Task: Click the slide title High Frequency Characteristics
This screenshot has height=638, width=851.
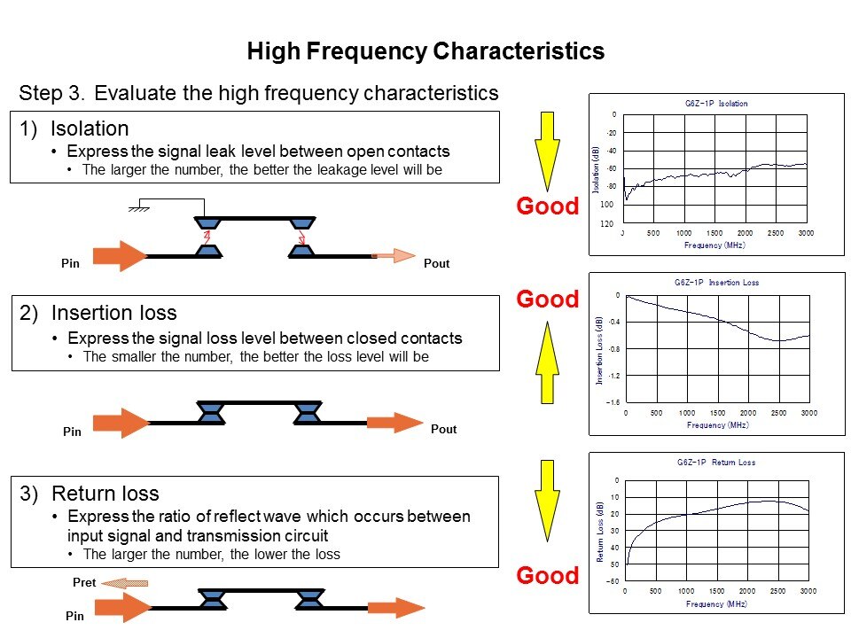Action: click(425, 51)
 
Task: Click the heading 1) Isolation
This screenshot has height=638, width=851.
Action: click(74, 128)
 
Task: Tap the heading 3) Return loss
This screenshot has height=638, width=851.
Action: click(90, 494)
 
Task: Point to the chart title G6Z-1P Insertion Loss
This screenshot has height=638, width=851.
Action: click(717, 283)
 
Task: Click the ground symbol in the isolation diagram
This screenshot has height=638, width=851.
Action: click(138, 208)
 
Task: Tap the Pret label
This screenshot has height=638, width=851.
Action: click(84, 584)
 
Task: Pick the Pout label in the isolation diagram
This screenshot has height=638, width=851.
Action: click(436, 264)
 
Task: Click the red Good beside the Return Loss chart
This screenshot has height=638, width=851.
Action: click(547, 576)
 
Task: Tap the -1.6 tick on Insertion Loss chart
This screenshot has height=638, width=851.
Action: click(613, 402)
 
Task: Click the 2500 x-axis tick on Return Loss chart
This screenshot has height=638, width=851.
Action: click(776, 590)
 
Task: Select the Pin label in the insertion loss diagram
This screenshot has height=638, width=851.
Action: click(72, 432)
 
